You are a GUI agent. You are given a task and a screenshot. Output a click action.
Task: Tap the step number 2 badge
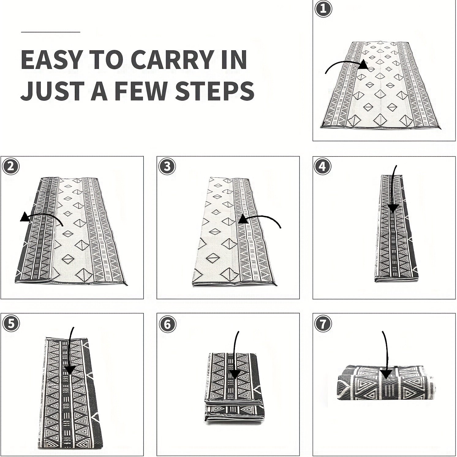pyautogui.click(x=11, y=167)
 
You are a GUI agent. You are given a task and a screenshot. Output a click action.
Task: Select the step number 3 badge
pyautogui.click(x=167, y=167)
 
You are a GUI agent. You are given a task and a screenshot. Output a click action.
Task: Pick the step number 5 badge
pyautogui.click(x=11, y=324)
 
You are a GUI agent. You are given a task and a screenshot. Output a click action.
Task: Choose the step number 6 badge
pyautogui.click(x=167, y=324)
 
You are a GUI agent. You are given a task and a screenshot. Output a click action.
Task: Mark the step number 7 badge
pyautogui.click(x=323, y=324)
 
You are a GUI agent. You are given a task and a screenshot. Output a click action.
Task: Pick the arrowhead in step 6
pyautogui.click(x=235, y=374)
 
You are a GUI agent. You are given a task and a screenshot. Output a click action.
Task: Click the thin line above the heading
pyautogui.click(x=51, y=32)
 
